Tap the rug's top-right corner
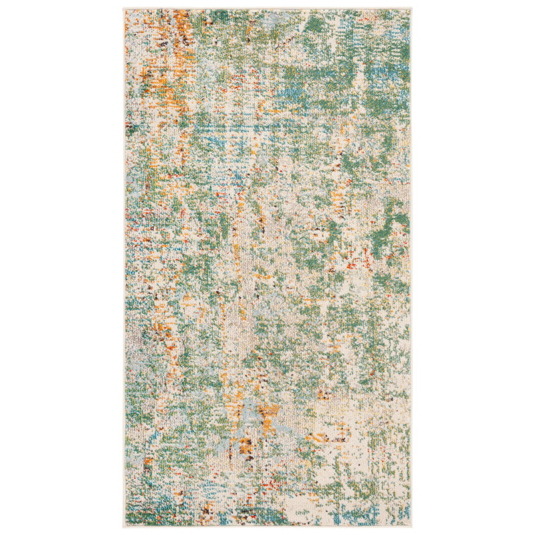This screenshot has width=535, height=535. coord(411,9)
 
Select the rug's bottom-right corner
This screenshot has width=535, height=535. coord(411,526)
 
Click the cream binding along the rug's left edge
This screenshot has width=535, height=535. coord(125,267)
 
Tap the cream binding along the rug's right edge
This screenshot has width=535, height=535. coord(411,267)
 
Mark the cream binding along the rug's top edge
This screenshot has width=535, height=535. coord(267,9)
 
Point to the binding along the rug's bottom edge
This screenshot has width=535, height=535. coord(267,526)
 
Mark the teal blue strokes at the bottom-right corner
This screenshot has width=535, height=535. coord(398,512)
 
